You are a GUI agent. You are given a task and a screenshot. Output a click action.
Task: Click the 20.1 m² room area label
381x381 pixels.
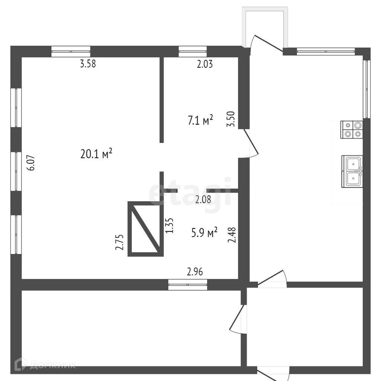(x=96, y=153)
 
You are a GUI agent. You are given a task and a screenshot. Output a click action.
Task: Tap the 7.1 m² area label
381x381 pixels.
(x=201, y=120)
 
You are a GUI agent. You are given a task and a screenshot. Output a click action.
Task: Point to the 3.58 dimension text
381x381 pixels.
(x=88, y=64)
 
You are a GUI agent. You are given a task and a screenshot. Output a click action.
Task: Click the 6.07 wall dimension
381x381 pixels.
(x=32, y=163)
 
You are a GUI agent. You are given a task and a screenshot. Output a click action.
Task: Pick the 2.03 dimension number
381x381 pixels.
(x=205, y=64)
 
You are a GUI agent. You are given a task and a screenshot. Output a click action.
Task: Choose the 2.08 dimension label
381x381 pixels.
(x=203, y=199)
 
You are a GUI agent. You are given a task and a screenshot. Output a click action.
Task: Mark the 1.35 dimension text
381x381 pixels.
(x=169, y=225)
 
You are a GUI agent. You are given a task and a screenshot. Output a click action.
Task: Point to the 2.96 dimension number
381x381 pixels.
(x=195, y=272)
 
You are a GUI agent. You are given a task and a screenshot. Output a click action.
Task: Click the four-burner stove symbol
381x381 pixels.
(x=352, y=130)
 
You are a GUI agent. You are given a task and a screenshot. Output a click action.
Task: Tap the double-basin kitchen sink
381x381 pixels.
(x=352, y=172)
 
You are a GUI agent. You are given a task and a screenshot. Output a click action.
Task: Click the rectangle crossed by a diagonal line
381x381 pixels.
(x=145, y=229)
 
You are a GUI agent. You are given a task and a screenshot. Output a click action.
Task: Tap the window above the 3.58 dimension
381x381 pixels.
(x=71, y=51)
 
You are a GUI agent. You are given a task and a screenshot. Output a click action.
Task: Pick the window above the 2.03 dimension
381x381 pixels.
(x=192, y=51)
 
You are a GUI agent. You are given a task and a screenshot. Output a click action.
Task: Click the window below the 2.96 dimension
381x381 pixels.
(x=188, y=285)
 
